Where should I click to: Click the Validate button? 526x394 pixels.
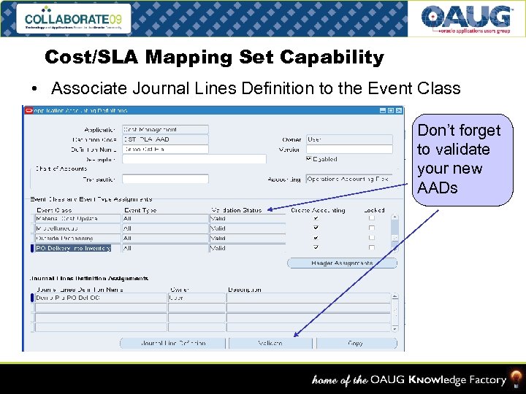click(x=270, y=343)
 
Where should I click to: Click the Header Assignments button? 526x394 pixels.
click(x=342, y=263)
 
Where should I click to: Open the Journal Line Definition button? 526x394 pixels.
click(x=173, y=343)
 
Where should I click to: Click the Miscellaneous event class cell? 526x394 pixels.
click(x=77, y=228)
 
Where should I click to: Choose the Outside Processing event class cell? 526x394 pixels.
click(x=77, y=238)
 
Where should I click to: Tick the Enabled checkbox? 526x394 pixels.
click(x=309, y=158)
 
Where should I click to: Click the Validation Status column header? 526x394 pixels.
click(x=236, y=210)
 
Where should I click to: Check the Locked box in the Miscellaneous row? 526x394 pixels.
click(x=372, y=228)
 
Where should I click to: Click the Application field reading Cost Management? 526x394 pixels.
click(x=165, y=130)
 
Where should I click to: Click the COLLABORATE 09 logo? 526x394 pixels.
click(x=76, y=18)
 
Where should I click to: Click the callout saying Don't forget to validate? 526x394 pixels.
click(x=460, y=159)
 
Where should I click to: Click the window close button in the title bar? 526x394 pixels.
click(x=399, y=111)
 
